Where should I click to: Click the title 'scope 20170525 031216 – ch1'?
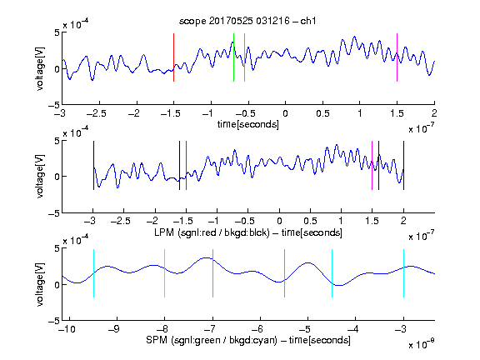247,21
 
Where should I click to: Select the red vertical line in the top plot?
173,57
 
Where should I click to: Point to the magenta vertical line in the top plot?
397,57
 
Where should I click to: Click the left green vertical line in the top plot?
233,57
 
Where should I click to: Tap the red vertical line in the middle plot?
186,165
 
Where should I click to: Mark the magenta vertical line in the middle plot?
372,165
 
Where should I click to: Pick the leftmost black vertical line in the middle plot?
93,165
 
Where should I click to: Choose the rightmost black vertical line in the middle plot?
403,165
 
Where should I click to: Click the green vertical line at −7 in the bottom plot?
212,273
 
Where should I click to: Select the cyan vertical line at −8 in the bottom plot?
165,273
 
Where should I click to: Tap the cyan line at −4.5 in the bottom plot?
332,273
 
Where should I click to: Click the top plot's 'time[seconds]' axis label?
248,125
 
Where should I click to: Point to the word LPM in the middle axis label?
164,232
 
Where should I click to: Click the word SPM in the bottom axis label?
157,340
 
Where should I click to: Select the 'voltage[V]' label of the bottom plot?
40,284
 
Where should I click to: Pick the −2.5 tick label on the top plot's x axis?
97,114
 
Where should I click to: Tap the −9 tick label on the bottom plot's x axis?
114,329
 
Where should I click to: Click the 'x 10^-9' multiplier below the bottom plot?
421,344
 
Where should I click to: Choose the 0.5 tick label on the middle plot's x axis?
310,221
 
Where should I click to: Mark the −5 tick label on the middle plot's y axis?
54,213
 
